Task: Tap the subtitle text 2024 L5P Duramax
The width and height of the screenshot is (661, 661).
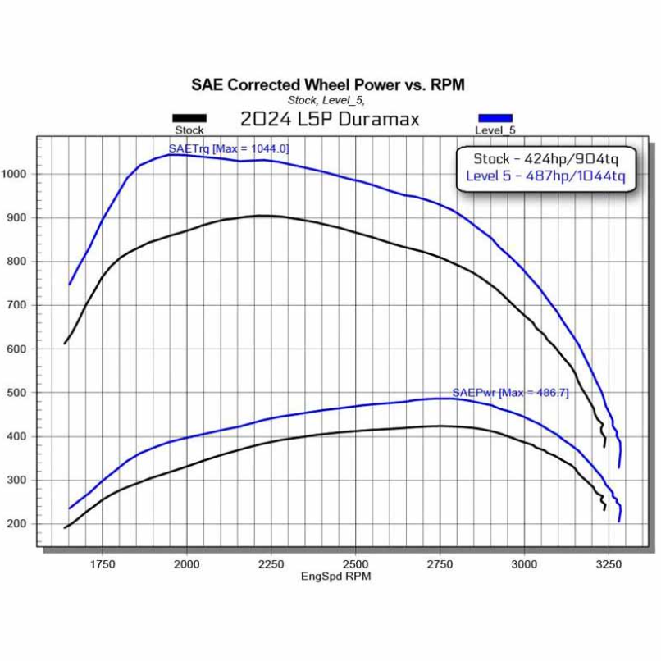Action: (x=330, y=119)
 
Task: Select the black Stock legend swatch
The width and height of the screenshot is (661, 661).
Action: (x=189, y=118)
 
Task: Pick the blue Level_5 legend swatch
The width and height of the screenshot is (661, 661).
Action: (x=495, y=118)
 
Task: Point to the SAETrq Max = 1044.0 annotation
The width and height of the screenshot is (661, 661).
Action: (x=229, y=148)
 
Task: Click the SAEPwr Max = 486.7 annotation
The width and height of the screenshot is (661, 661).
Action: (x=499, y=393)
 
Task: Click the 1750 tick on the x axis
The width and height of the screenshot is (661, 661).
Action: (x=103, y=564)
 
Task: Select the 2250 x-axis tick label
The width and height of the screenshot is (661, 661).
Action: (x=271, y=564)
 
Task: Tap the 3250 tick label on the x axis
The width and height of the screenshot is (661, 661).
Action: (x=608, y=564)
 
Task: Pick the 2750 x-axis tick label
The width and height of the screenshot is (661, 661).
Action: (x=440, y=564)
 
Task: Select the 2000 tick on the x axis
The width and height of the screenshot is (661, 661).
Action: (x=187, y=564)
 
